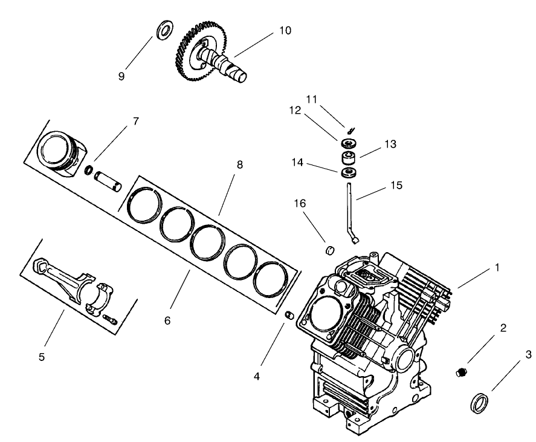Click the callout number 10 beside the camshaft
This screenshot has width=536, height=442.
pos(285,30)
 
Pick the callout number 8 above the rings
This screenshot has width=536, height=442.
pos(240,164)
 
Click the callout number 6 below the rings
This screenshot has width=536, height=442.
pos(167,320)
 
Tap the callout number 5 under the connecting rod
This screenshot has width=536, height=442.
pos(42,357)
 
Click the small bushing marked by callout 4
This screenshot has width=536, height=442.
pos(289,316)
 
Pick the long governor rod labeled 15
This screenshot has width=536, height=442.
pos(350,212)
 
